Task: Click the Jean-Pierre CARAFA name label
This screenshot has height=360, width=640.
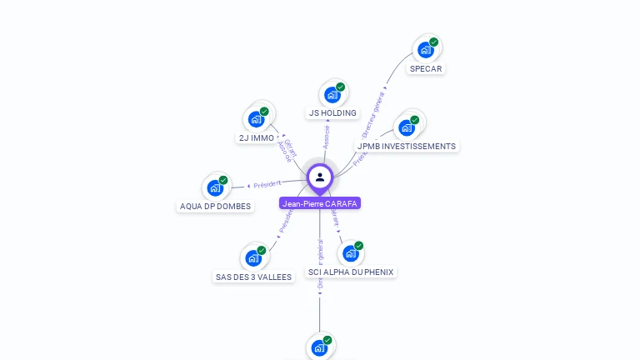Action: (320, 203)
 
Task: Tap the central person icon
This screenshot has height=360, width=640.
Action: (320, 177)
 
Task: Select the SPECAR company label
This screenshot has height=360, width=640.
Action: (426, 69)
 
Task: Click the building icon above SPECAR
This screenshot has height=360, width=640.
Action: (426, 49)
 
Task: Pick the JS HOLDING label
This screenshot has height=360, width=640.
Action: (332, 113)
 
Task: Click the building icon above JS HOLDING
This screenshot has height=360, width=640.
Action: (332, 94)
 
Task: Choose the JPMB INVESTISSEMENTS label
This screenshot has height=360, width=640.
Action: (407, 147)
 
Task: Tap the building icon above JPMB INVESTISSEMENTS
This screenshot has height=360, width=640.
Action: (407, 127)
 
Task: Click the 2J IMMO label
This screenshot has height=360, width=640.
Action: (256, 138)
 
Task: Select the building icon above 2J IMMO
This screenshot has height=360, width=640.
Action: (256, 119)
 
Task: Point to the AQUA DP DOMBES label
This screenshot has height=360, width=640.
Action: (215, 207)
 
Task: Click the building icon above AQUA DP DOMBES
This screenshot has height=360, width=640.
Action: (215, 187)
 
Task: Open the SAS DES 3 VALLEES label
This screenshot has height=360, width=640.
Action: (254, 277)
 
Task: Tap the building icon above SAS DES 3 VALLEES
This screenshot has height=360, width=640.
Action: (253, 258)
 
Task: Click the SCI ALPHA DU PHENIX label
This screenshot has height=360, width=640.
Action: (351, 272)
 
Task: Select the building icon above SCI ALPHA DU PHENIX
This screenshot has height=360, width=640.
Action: (351, 253)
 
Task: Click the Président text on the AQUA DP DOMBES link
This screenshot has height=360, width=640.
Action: (267, 184)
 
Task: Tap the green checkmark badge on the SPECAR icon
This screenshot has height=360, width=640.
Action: (433, 42)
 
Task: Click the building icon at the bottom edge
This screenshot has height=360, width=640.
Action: (319, 348)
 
